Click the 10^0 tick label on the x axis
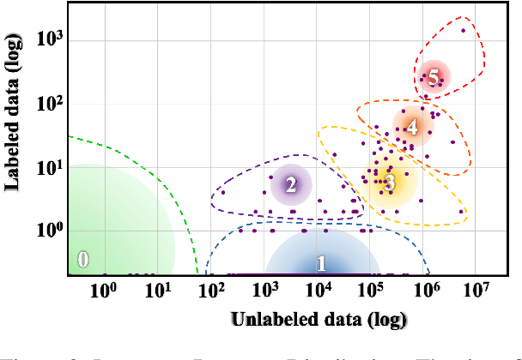coord(103,290)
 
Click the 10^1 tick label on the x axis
coord(157,290)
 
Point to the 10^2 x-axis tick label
coord(211,290)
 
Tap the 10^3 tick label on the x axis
coord(265,290)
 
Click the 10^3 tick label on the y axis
coord(47,40)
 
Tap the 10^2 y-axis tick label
coord(47,104)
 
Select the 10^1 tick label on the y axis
coord(47,167)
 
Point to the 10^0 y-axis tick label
coord(47,231)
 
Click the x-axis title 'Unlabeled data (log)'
coord(318,320)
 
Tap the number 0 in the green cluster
coord(82,260)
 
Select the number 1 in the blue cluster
coord(321,263)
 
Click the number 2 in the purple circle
coord(291,184)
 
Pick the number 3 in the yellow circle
coord(389,182)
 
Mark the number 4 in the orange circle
coord(412,127)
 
